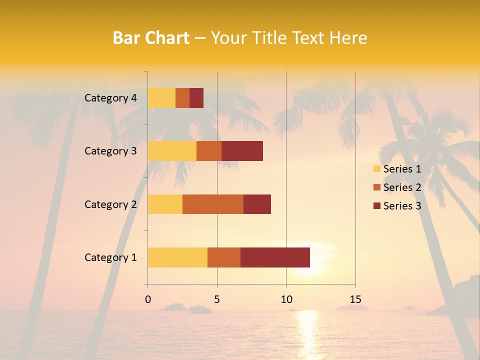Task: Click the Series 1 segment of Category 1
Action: pos(177,257)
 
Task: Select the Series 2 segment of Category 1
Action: pos(224,257)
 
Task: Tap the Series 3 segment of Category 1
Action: pos(275,257)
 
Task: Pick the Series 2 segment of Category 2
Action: pos(213,204)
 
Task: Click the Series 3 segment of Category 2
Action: pos(257,204)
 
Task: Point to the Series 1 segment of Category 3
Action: pos(172,151)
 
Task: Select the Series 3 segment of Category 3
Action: pos(242,151)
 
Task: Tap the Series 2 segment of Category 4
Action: pos(182,98)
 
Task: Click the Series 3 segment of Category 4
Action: pos(196,98)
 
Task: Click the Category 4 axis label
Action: pos(110,98)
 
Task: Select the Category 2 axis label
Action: pos(110,204)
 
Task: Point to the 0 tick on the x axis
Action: pos(147,299)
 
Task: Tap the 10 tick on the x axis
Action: pos(286,299)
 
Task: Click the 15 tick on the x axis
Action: pos(355,299)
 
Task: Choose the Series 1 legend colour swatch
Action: pos(376,169)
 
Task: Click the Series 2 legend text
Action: pos(402,187)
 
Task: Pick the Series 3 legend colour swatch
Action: pos(376,206)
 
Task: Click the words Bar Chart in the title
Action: pos(151,37)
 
